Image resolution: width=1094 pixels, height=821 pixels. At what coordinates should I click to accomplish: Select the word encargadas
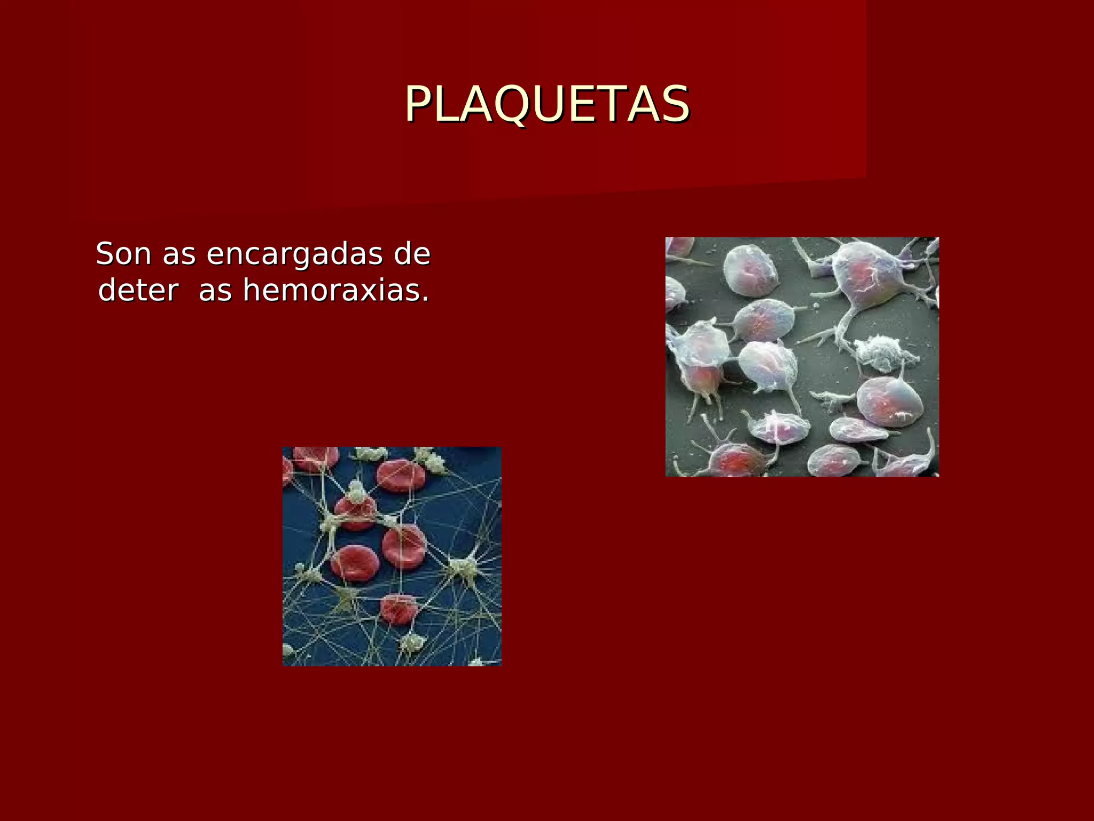click(294, 255)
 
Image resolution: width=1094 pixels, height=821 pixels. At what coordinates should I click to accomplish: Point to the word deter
click(138, 291)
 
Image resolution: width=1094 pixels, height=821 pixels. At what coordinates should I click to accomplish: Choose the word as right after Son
click(179, 255)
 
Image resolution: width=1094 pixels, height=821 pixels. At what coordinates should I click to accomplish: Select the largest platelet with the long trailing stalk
click(865, 278)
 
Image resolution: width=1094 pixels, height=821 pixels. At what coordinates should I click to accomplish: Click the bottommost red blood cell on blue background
click(398, 609)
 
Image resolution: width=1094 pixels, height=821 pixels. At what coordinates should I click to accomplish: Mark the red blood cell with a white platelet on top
click(355, 508)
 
